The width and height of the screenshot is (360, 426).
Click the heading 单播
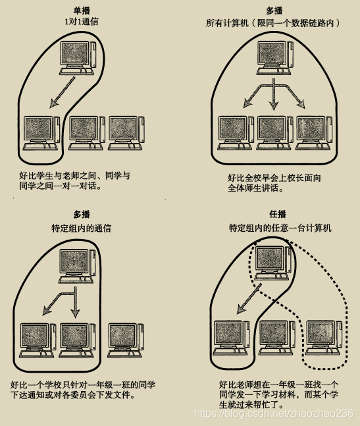click(82, 11)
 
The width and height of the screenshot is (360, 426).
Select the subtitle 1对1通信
click(82, 22)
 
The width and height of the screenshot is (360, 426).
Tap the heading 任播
click(280, 215)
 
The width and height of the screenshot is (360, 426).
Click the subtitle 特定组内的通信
click(82, 228)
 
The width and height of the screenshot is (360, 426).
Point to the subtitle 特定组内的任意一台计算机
click(280, 228)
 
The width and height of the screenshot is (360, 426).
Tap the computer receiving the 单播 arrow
click(41, 134)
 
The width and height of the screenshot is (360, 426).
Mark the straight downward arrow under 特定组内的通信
click(75, 300)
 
